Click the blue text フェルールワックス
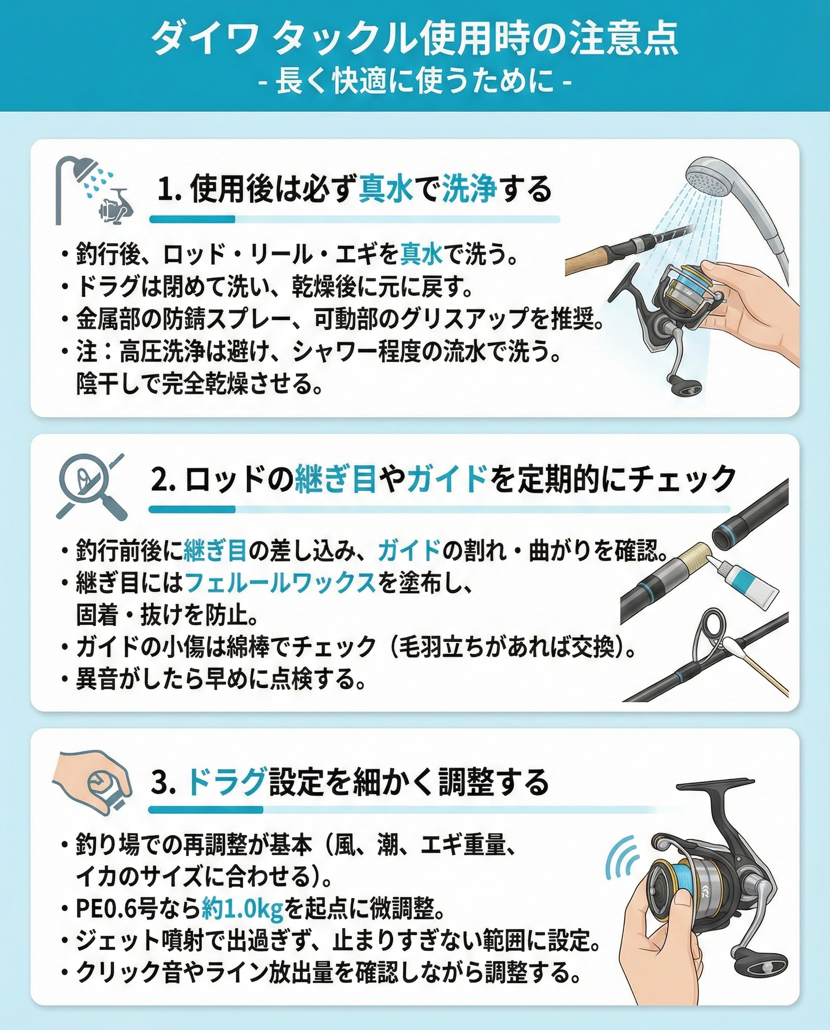click(279, 583)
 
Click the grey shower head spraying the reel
click(717, 182)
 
